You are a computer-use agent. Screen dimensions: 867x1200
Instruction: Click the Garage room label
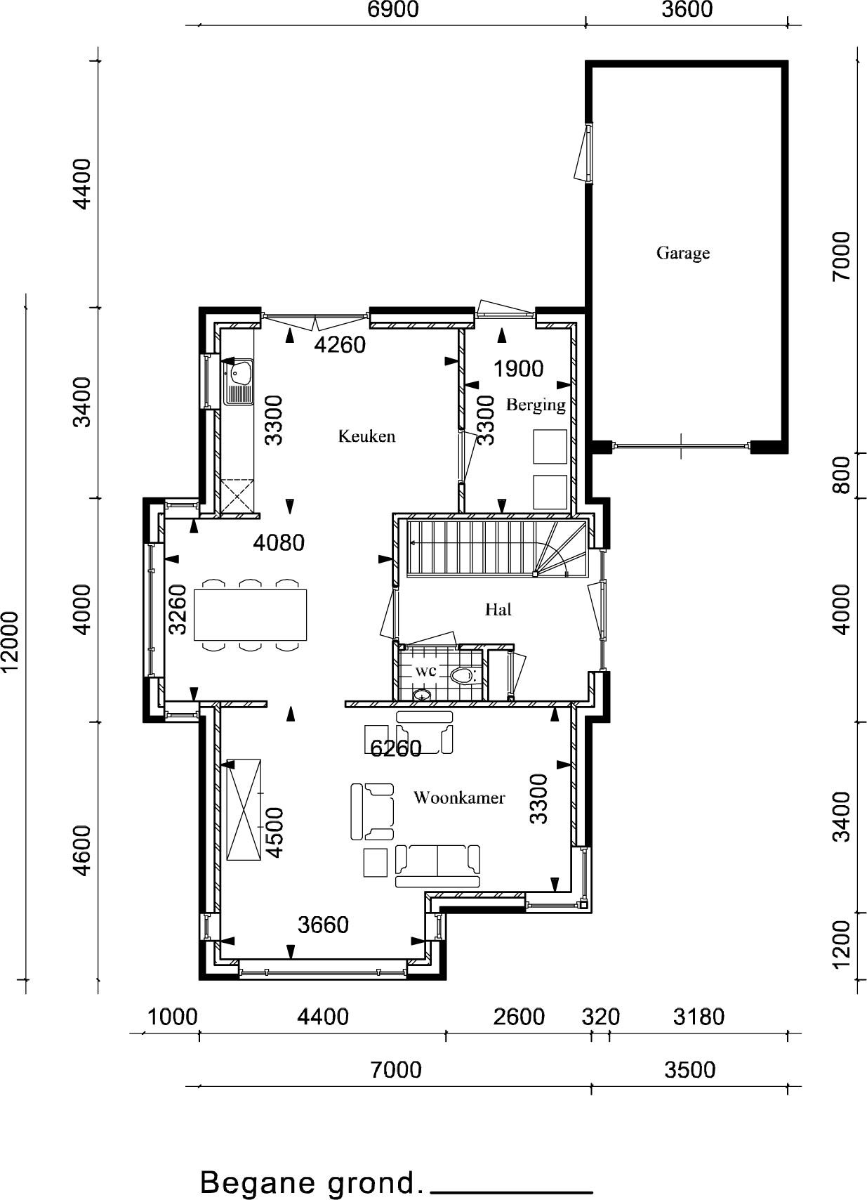(683, 253)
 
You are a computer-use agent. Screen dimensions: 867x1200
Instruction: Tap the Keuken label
(366, 436)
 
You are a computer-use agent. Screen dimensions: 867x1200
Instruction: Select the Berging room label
(536, 405)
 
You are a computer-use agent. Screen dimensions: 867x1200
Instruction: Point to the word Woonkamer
(458, 797)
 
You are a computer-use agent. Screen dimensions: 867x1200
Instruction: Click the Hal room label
(498, 609)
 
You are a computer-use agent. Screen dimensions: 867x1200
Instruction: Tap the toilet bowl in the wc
(463, 675)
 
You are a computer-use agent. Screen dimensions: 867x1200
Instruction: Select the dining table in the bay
(251, 615)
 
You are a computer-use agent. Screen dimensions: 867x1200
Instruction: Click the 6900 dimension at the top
(393, 10)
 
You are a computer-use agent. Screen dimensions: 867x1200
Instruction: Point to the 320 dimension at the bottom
(600, 1016)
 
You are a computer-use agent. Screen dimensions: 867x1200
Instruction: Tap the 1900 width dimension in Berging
(518, 369)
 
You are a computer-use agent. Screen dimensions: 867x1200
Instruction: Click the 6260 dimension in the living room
(396, 748)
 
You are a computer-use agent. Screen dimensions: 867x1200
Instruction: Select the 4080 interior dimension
(279, 542)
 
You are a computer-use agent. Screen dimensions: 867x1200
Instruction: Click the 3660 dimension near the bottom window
(323, 924)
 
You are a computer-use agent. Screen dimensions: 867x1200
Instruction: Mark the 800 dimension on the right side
(842, 475)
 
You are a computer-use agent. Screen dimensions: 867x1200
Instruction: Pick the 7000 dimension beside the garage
(842, 256)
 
